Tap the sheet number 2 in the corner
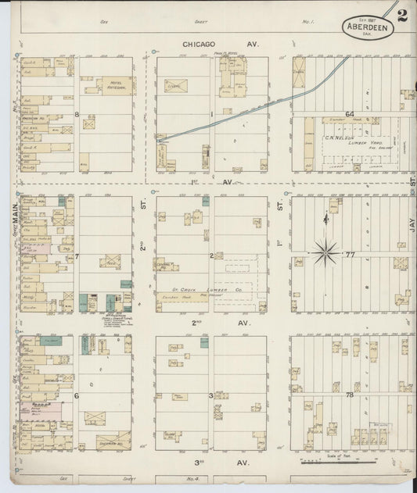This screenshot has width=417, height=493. (x=401, y=16)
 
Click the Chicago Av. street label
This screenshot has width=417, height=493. (x=210, y=45)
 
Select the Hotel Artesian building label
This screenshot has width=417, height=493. (x=108, y=84)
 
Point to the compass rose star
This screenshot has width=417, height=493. (x=325, y=252)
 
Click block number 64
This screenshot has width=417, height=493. (x=350, y=114)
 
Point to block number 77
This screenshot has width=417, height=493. (x=350, y=255)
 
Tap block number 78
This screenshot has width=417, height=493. (x=350, y=395)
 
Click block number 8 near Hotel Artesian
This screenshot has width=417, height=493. (x=77, y=115)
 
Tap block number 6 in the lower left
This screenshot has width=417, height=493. (x=77, y=395)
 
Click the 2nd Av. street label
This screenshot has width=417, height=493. (x=210, y=323)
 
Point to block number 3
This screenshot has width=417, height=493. (x=210, y=395)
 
